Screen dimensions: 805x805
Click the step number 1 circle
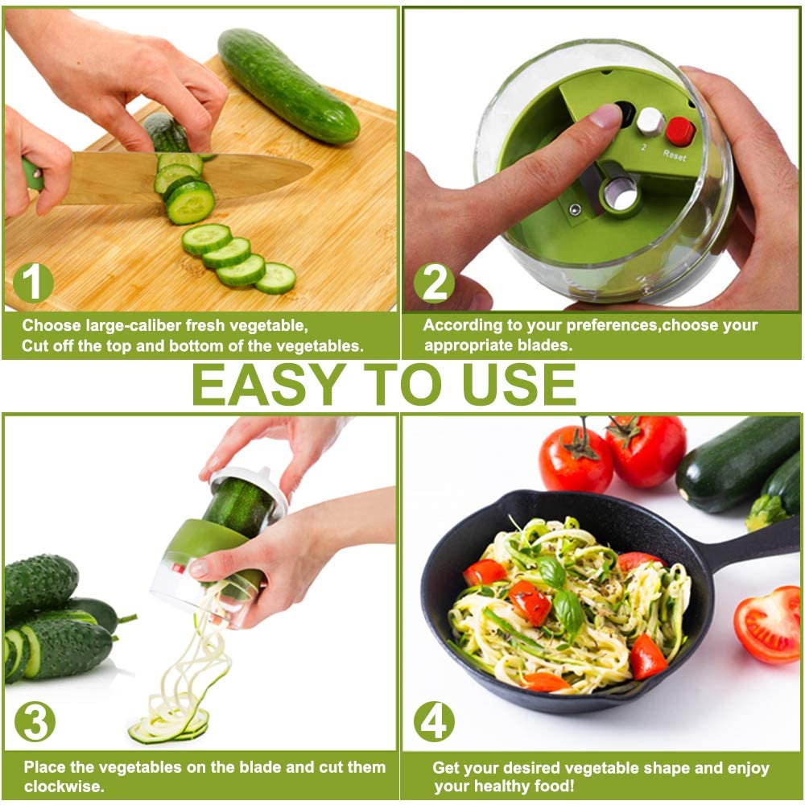pyautogui.click(x=32, y=283)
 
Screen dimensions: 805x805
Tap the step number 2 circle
pyautogui.click(x=434, y=283)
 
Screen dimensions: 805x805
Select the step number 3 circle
pyautogui.click(x=35, y=723)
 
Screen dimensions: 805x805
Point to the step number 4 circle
pyautogui.click(x=434, y=723)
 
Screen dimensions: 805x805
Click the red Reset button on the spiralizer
pyautogui.click(x=679, y=130)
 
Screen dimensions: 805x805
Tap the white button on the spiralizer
pyautogui.click(x=650, y=121)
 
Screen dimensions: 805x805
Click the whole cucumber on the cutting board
pyautogui.click(x=287, y=85)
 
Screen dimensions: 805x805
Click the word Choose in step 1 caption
pyautogui.click(x=52, y=326)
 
